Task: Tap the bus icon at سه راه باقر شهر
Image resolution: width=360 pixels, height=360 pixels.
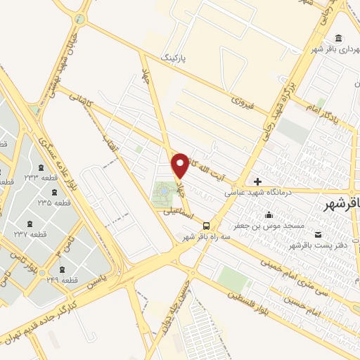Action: click(206, 226)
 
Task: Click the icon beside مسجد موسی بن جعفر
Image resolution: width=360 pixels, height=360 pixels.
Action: click(268, 214)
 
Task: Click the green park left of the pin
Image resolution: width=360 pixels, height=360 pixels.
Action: click(162, 191)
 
